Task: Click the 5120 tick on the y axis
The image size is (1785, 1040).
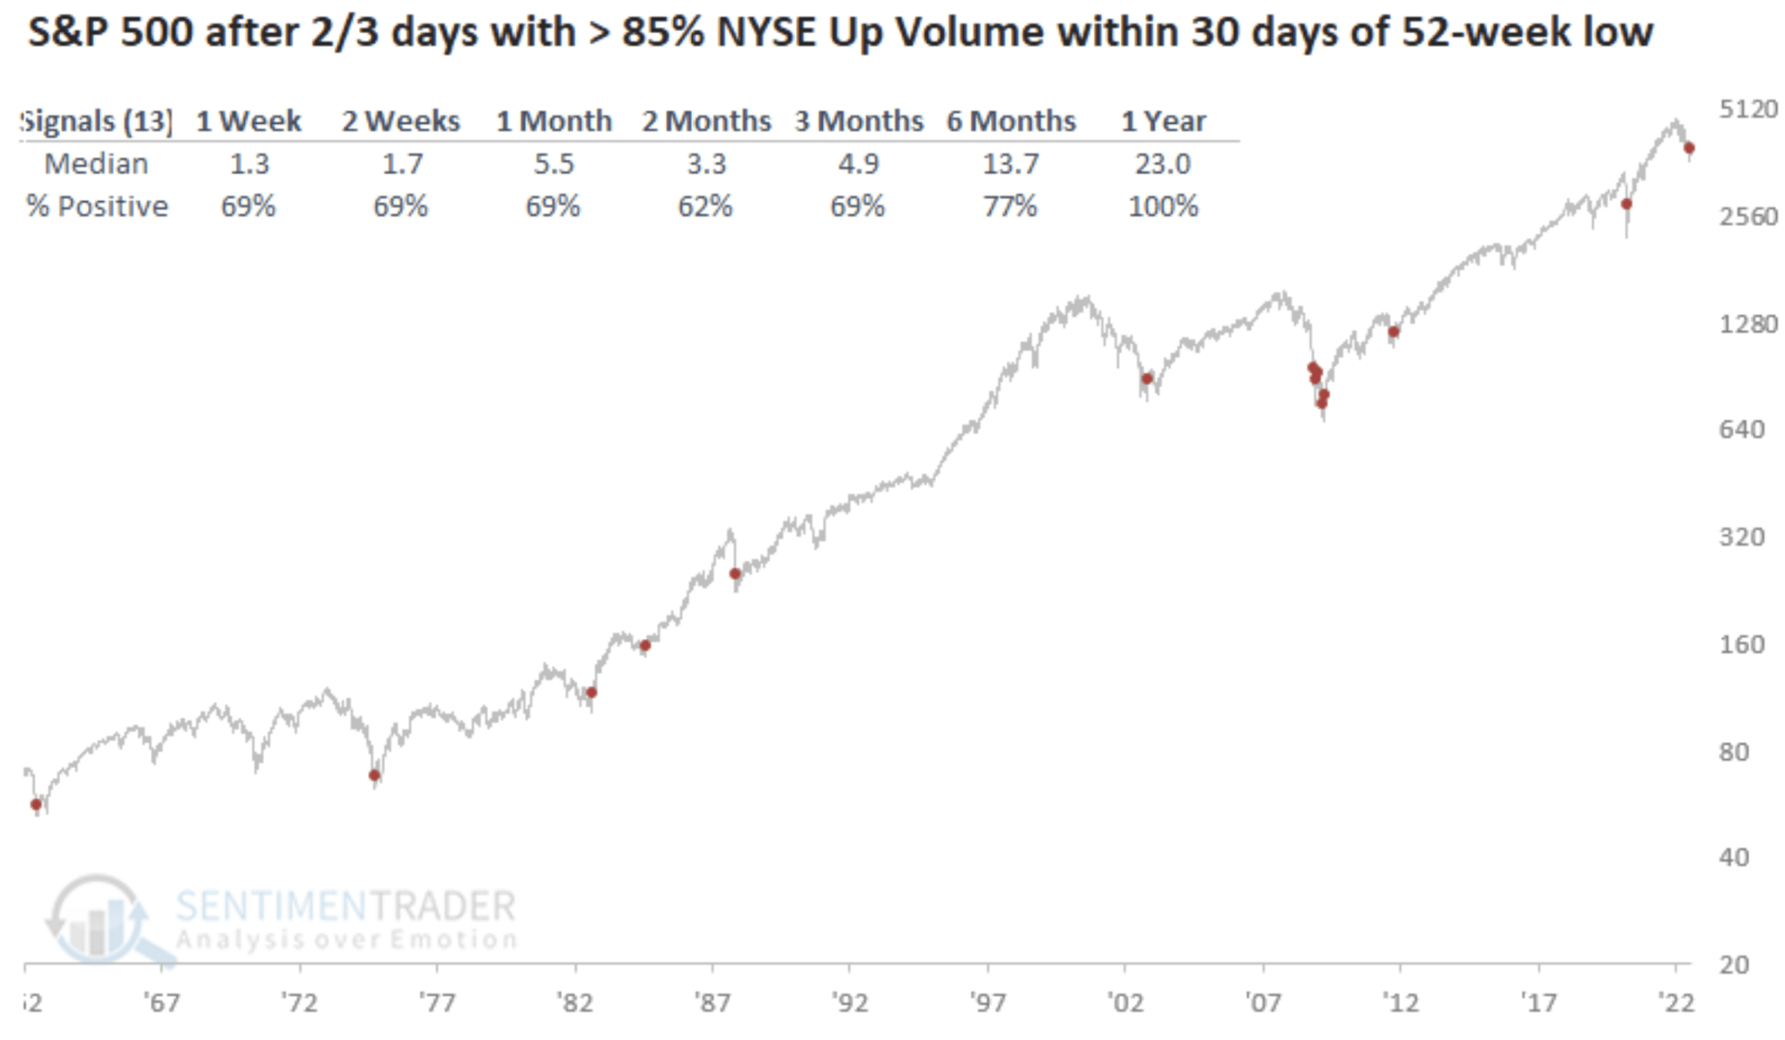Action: pyautogui.click(x=1748, y=109)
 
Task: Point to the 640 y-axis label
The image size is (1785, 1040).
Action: pyautogui.click(x=1741, y=429)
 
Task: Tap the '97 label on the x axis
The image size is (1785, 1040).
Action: pyautogui.click(x=988, y=1003)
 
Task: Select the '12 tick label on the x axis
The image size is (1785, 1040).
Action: pyautogui.click(x=1401, y=1003)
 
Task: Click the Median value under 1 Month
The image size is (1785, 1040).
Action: pyautogui.click(x=553, y=164)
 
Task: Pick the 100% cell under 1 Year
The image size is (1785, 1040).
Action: pyautogui.click(x=1163, y=207)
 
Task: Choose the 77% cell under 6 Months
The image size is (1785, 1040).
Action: pyautogui.click(x=1010, y=207)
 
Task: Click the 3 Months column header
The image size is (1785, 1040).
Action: pyautogui.click(x=859, y=121)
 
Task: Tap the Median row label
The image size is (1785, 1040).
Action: pyautogui.click(x=96, y=164)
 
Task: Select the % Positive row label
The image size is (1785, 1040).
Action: pyautogui.click(x=97, y=207)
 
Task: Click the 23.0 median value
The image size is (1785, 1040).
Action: pyautogui.click(x=1163, y=164)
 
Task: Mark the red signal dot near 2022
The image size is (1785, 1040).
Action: pyautogui.click(x=1689, y=148)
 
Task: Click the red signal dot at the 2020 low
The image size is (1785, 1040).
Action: pyautogui.click(x=1626, y=204)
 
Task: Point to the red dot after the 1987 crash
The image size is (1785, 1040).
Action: pyautogui.click(x=736, y=574)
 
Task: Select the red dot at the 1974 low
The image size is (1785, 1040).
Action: pyautogui.click(x=375, y=775)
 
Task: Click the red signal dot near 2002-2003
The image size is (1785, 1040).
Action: pyautogui.click(x=1148, y=378)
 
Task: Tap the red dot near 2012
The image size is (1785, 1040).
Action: pyautogui.click(x=1394, y=332)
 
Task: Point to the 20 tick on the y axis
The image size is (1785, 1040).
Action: pyautogui.click(x=1734, y=964)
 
